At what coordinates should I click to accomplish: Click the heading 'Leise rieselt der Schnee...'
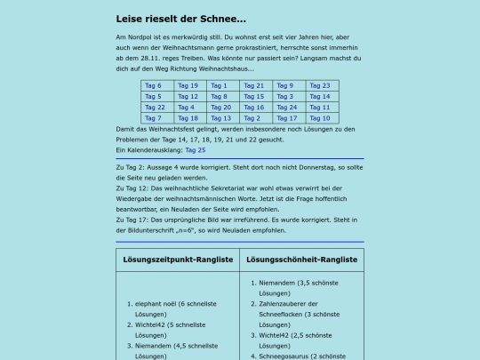(181, 19)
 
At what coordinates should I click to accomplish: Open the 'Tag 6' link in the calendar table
(153, 85)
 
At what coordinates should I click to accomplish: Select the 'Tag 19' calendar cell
(188, 85)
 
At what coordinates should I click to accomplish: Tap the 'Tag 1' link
(219, 85)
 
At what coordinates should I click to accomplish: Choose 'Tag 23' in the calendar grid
(319, 85)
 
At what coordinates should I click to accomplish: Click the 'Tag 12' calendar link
(188, 96)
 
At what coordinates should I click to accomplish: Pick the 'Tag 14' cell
(319, 96)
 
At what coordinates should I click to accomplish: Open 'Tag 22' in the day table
(155, 107)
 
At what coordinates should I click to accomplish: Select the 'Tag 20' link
(220, 107)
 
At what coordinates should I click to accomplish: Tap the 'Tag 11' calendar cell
(319, 107)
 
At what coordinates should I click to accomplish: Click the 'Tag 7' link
(153, 117)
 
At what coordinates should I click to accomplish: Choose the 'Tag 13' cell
(220, 117)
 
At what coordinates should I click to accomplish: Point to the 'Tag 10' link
(319, 117)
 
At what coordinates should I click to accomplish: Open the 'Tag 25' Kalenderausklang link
(195, 149)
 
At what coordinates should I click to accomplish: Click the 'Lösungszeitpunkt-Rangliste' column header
(178, 260)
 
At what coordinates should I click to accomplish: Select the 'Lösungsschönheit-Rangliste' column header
(301, 260)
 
